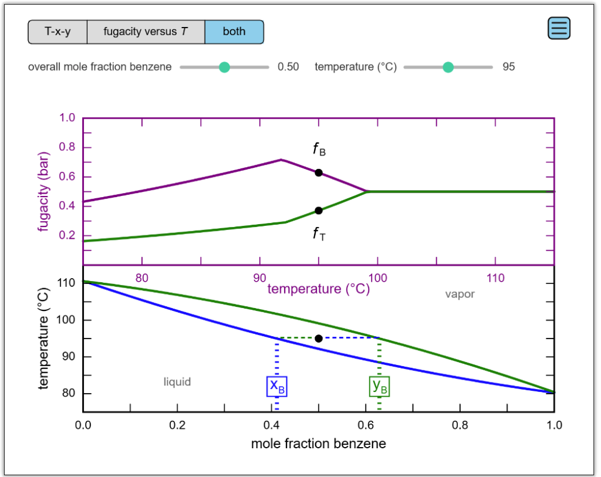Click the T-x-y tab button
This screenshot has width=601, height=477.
(58, 32)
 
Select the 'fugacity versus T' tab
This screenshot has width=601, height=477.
(146, 32)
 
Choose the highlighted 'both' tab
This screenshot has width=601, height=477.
(234, 32)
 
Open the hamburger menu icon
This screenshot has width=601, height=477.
(559, 28)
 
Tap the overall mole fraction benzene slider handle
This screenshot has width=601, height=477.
(224, 67)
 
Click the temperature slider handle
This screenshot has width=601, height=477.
(448, 67)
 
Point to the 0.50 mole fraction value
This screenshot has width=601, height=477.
(288, 67)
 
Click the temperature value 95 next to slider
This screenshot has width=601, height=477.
(508, 67)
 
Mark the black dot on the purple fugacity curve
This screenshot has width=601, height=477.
(318, 172)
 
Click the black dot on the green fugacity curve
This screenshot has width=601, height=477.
(318, 211)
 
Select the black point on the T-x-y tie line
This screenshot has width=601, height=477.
(319, 339)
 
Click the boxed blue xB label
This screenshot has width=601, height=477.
(277, 385)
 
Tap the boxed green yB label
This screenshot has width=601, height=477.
(380, 385)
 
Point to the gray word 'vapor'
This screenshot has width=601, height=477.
(460, 295)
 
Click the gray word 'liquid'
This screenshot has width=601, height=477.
(177, 382)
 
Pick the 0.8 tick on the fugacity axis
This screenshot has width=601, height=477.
(68, 147)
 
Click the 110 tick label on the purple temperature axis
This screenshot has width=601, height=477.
(496, 278)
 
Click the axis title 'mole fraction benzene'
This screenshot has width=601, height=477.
(318, 444)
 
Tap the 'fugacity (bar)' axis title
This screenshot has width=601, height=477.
(43, 192)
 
